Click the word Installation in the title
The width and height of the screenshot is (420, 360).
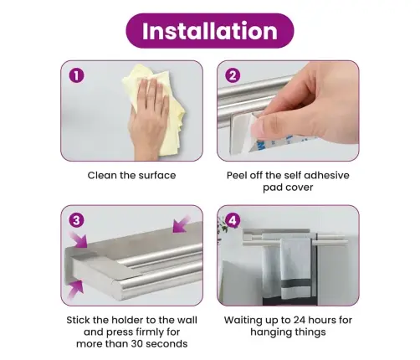210,31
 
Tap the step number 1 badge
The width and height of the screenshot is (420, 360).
76,75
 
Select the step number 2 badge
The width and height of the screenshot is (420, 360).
233,75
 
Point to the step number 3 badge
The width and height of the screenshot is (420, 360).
76,220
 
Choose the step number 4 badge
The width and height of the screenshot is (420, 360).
233,220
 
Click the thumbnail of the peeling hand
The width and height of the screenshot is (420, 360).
261,129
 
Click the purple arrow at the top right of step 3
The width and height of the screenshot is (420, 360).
182,224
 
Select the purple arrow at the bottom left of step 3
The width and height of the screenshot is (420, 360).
75,290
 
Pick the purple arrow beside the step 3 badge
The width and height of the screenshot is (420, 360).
78,239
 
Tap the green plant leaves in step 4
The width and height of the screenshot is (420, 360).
223,225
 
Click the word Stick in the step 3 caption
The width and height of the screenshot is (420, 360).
78,320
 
